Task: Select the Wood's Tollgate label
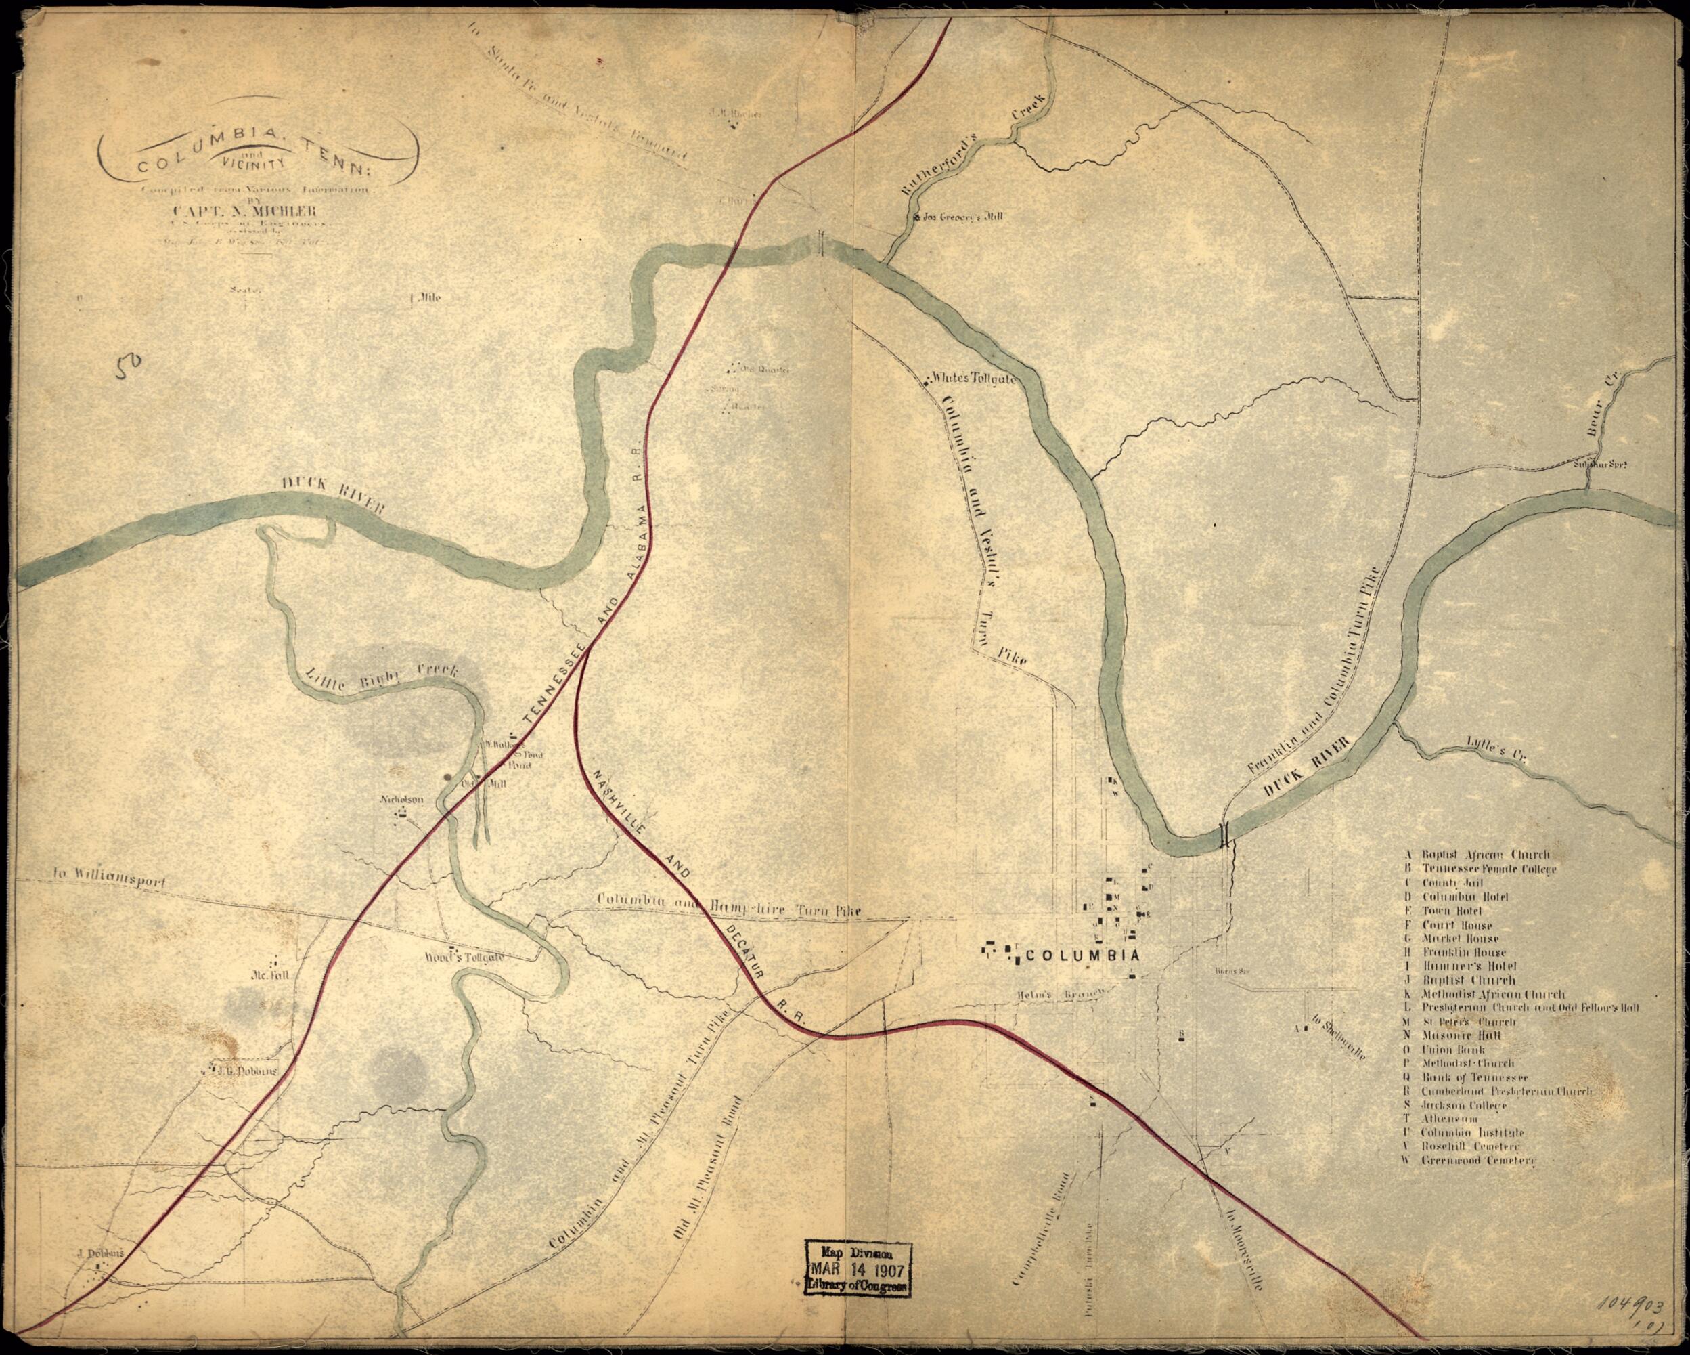[x=464, y=958]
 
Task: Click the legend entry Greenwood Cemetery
[x=1477, y=1160]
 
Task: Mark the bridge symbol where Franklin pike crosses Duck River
[x=1224, y=836]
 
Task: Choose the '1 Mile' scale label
[x=426, y=298]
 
